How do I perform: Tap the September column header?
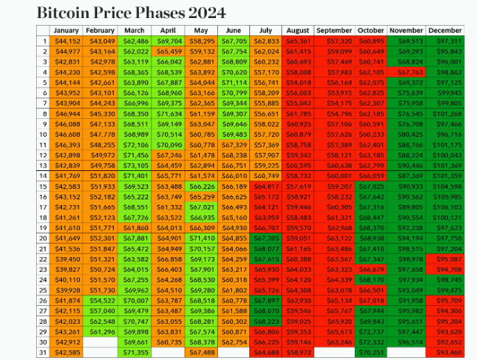click(334, 31)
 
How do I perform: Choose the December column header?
click(445, 31)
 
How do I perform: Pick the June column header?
click(233, 31)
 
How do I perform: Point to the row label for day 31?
click(43, 352)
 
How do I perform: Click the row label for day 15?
click(43, 186)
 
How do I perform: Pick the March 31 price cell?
click(135, 352)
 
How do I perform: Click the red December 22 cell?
click(445, 259)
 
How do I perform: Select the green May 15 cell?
click(201, 186)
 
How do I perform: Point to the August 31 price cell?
click(299, 352)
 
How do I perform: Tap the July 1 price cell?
click(267, 42)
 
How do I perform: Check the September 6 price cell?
click(334, 93)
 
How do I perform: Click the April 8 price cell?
click(167, 114)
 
